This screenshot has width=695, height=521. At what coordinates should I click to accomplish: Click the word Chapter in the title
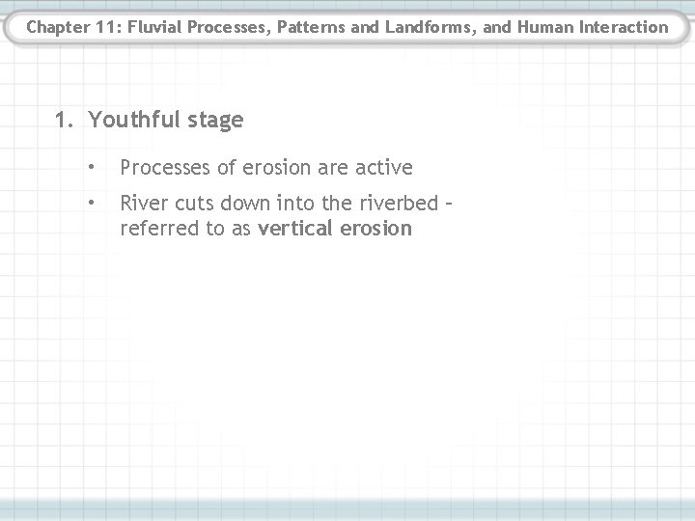56,27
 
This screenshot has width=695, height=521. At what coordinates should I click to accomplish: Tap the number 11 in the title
104,27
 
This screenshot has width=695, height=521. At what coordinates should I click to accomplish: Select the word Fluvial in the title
153,27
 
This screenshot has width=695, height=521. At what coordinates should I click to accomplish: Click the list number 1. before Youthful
66,121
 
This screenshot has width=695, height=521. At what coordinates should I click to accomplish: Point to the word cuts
192,205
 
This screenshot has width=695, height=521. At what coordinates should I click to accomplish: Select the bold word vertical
293,229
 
